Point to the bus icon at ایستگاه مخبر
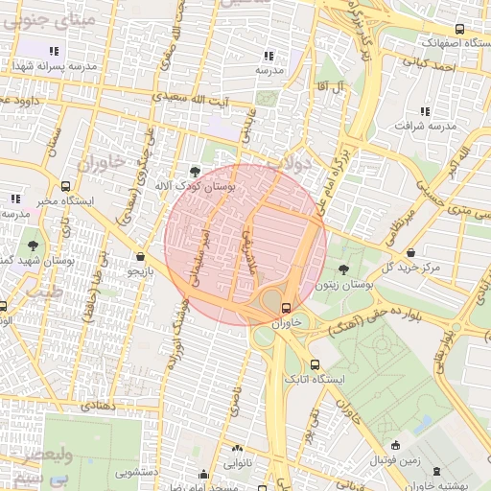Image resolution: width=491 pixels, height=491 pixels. tap(65, 187)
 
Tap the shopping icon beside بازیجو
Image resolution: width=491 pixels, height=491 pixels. tap(142, 256)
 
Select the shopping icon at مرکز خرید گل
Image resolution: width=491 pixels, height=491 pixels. tap(410, 252)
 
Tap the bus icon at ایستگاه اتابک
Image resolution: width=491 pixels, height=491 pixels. tap(316, 364)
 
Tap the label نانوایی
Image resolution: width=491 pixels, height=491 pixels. tap(239, 462)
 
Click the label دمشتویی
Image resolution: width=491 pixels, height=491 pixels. tap(138, 473)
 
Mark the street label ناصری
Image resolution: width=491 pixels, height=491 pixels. tap(235, 402)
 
